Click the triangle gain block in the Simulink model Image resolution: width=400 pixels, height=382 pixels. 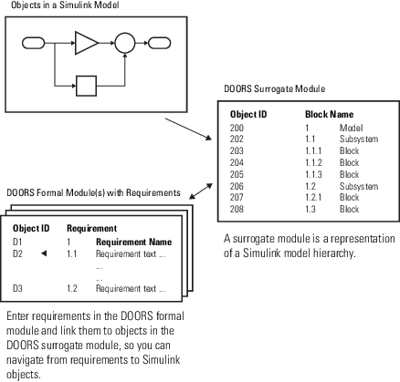coord(87,42)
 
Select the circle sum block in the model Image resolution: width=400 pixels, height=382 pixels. coord(124,42)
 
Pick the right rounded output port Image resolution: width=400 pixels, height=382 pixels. coord(158,42)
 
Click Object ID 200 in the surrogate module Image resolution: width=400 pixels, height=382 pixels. coord(237,129)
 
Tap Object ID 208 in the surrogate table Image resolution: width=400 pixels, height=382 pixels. coord(237,209)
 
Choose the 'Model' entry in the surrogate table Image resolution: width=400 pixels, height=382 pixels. coord(351,129)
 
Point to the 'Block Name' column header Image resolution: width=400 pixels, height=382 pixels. coord(329,115)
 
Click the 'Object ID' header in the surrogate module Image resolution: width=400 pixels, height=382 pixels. coord(248,115)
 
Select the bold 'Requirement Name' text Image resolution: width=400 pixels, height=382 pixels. coord(132,242)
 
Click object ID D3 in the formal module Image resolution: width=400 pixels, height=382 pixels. coord(17,288)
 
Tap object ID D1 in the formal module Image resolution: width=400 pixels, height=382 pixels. coord(17,242)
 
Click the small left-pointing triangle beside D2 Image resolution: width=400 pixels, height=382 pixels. coord(42,253)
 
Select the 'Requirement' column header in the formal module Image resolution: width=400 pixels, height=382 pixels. coord(91,228)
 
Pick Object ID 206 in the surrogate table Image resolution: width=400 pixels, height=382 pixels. coord(237,186)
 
